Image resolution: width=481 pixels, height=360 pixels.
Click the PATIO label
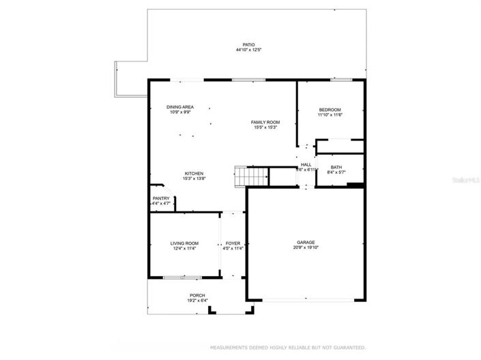(248, 44)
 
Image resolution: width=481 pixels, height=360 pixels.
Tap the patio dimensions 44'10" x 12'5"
(248, 50)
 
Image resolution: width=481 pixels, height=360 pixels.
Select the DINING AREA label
(180, 107)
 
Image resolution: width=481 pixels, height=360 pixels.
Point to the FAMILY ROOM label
(265, 122)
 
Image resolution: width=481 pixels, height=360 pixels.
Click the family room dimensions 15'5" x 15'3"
(265, 127)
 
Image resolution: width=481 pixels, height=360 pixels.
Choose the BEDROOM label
(330, 110)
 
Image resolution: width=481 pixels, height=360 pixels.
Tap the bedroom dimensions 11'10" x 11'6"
(330, 115)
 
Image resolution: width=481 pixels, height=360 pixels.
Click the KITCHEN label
(194, 173)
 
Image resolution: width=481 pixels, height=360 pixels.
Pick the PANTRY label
(161, 198)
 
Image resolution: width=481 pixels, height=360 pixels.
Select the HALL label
(306, 164)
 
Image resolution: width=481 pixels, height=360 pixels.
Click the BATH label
(336, 167)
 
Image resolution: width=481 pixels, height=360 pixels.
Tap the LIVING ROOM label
(184, 243)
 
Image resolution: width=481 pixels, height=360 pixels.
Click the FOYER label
(233, 243)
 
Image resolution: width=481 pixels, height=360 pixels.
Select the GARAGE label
(305, 242)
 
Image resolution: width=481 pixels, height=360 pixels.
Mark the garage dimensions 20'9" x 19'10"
(305, 247)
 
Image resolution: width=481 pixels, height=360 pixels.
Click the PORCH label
(197, 295)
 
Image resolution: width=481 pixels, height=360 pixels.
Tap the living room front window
(182, 277)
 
